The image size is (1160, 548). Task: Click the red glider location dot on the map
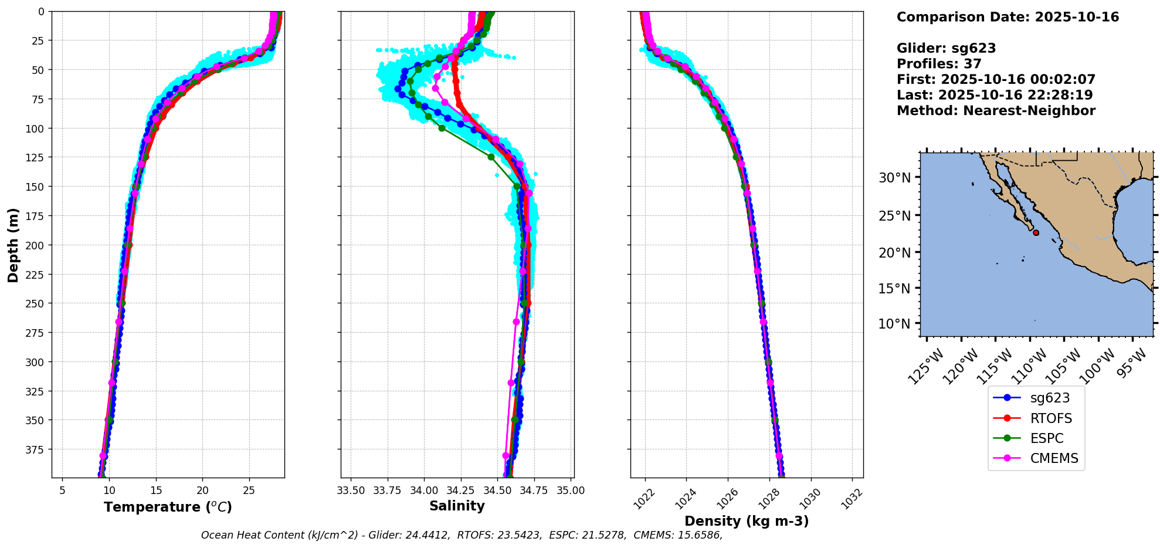1036,233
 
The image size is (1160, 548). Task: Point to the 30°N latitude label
894,178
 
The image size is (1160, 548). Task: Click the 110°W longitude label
1028,366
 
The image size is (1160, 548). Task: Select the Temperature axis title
168,507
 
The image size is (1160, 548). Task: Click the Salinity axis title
457,506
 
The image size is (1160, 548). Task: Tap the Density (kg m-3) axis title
747,521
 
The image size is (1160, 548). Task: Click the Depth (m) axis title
13,245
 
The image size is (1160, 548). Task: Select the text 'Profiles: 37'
939,64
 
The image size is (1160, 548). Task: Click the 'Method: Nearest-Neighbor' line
996,111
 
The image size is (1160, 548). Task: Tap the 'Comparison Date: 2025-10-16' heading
1008,17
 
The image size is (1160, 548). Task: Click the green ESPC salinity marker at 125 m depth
491,157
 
